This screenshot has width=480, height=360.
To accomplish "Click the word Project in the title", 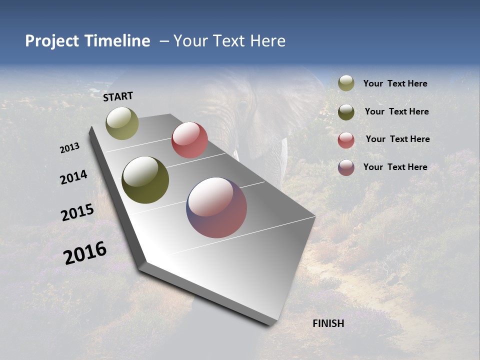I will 51,41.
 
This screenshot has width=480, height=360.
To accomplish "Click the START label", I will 118,96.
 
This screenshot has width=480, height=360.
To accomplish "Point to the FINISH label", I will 328,323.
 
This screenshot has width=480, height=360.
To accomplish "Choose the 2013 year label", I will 69,148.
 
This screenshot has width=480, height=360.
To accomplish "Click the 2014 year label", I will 73,177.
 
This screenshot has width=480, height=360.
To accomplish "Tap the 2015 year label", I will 77,212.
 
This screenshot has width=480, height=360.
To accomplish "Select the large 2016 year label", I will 85,252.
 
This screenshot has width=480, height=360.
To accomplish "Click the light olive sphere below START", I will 122,123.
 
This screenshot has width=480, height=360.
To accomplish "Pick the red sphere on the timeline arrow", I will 189,140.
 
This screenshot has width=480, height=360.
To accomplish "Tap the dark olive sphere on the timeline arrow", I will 145,180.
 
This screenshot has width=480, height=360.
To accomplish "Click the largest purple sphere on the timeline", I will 216,207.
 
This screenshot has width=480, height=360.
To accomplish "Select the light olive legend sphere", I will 346,83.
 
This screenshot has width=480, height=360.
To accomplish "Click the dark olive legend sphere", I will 346,112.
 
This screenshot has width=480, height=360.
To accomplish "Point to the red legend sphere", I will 346,140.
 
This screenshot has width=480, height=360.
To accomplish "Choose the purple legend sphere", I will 346,167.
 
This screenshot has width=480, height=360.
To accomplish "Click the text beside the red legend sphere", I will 397,139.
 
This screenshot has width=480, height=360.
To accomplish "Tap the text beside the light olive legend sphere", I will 395,83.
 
